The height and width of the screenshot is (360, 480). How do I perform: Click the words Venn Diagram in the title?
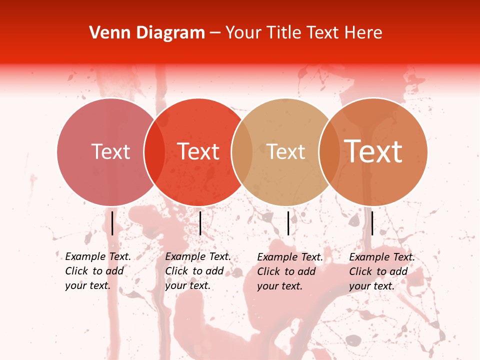click(147, 33)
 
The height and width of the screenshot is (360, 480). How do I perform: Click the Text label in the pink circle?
click(110, 151)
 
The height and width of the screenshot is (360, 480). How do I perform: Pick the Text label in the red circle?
click(198, 151)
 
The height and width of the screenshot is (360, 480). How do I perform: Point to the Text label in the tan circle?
click(286, 152)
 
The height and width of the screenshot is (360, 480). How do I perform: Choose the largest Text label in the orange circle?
click(373, 151)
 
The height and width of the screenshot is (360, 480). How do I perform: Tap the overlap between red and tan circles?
click(241, 152)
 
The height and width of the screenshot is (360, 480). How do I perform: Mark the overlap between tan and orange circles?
click(329, 152)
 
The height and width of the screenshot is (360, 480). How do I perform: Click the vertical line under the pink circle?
click(112, 223)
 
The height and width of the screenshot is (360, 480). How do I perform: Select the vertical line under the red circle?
click(200, 223)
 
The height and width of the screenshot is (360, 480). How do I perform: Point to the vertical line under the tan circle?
click(288, 223)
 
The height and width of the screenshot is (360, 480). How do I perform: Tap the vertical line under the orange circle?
click(372, 223)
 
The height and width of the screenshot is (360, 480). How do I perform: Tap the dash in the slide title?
click(215, 33)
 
